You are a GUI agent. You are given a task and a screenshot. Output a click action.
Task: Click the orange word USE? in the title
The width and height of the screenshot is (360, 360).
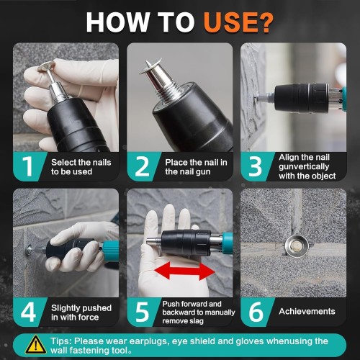tap(238, 22)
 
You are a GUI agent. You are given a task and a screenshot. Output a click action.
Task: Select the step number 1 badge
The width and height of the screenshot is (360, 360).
tap(28, 166)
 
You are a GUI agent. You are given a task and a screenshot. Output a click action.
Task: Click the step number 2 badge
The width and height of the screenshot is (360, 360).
tap(143, 166)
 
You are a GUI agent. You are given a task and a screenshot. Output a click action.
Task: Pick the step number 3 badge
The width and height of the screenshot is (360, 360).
tap(255, 166)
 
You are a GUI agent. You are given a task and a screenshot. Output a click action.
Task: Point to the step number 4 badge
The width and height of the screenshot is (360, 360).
tap(28, 312)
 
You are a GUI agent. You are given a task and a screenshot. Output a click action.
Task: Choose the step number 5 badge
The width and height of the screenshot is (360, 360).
tap(142, 312)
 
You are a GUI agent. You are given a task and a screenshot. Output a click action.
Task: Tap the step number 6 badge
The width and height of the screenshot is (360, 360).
tap(256, 312)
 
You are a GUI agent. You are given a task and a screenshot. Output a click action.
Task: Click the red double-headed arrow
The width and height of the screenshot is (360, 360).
tap(184, 271)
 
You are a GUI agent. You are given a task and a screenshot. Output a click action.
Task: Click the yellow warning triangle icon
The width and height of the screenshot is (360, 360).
tap(36, 345)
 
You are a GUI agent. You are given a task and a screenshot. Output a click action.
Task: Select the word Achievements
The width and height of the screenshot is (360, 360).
tap(307, 311)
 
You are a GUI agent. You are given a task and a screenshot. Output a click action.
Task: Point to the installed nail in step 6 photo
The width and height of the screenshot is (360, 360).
tap(297, 246)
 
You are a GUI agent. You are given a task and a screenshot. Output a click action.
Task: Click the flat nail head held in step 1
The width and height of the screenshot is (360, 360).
tap(46, 66)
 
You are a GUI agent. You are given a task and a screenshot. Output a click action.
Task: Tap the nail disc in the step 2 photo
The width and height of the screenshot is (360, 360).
tap(150, 66)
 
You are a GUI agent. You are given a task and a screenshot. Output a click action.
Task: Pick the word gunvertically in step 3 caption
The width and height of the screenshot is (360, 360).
tap(304, 166)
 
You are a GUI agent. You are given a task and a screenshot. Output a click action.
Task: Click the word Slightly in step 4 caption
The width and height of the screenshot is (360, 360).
tap(65, 308)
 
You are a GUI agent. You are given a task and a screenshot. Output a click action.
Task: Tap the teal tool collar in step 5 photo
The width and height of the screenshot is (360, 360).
tap(228, 243)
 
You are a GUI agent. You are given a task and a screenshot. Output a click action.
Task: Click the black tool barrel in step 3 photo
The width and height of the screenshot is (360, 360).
tap(302, 98)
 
